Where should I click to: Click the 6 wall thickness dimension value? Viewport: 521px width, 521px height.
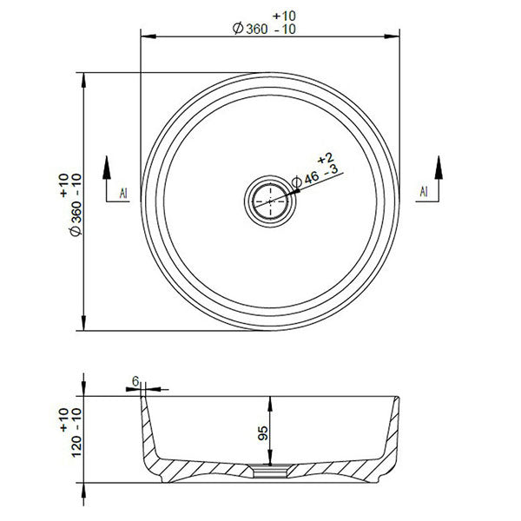pyautogui.click(x=137, y=381)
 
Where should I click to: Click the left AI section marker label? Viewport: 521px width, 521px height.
pyautogui.click(x=123, y=193)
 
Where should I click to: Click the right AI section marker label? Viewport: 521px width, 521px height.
pyautogui.click(x=423, y=191)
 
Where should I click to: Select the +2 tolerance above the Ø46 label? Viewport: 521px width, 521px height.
pyautogui.click(x=326, y=158)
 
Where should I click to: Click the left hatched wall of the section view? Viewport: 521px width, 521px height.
pyautogui.click(x=161, y=460)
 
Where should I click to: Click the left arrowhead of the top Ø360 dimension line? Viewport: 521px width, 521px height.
pyautogui.click(x=147, y=37)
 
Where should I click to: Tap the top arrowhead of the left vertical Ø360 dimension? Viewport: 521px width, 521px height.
pyautogui.click(x=83, y=78)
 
